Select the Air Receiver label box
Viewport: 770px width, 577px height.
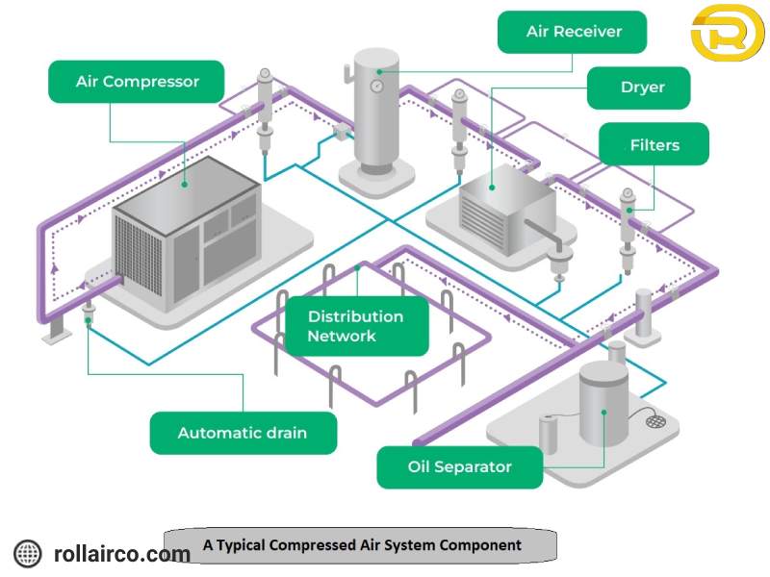[x=573, y=32]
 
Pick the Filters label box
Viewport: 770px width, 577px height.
[x=654, y=145]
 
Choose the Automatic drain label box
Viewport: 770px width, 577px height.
[x=243, y=433]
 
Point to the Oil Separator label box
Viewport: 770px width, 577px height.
[x=459, y=467]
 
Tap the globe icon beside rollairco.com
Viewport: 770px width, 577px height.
[x=28, y=553]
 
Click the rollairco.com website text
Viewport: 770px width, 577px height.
[x=122, y=554]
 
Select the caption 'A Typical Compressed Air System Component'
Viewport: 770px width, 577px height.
[x=362, y=544]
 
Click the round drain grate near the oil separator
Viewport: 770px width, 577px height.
[x=656, y=421]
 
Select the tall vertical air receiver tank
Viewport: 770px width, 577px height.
[x=377, y=111]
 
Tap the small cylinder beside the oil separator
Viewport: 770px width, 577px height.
[x=548, y=432]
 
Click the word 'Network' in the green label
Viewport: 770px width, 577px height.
[x=342, y=337]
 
